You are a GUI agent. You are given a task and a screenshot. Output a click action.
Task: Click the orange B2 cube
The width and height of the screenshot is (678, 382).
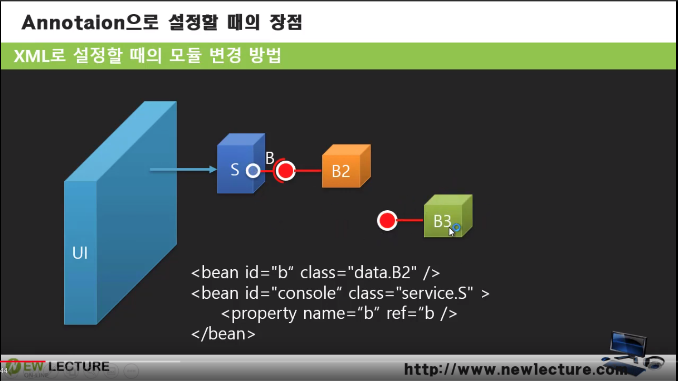(x=346, y=166)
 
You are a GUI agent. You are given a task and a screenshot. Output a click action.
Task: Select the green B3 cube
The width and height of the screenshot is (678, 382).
(x=448, y=216)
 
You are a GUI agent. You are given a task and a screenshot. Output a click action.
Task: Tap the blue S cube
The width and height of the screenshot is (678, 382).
(x=241, y=163)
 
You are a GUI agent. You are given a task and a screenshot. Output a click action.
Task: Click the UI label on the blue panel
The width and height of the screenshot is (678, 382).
(x=80, y=253)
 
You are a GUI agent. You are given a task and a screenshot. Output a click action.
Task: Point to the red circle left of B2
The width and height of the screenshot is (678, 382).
(x=285, y=171)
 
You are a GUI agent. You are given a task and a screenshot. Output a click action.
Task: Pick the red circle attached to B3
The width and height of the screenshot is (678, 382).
(x=387, y=220)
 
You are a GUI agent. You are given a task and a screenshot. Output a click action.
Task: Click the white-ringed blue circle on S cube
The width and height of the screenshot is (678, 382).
(x=253, y=171)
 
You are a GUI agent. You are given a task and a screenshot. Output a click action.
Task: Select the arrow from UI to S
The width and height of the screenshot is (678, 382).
(x=183, y=169)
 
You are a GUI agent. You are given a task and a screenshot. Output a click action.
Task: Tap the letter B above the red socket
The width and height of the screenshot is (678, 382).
(x=269, y=157)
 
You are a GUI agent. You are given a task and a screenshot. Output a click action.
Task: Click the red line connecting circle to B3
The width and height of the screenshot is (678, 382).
(x=410, y=220)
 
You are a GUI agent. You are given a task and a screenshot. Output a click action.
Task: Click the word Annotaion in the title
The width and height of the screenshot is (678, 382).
(x=73, y=23)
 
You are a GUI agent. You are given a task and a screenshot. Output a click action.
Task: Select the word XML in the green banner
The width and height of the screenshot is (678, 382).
(x=31, y=56)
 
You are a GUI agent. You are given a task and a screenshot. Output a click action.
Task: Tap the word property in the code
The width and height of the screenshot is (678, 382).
(x=264, y=314)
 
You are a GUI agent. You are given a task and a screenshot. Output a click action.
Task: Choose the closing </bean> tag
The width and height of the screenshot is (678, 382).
(x=223, y=334)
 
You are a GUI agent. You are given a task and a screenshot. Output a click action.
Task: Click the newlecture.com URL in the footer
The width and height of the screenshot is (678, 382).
(x=516, y=369)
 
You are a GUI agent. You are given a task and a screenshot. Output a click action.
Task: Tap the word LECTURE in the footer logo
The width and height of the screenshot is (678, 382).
(x=79, y=367)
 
